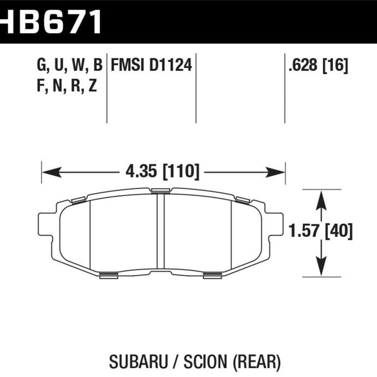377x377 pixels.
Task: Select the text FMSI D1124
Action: pyautogui.click(x=151, y=66)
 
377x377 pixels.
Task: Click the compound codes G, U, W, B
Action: pyautogui.click(x=69, y=66)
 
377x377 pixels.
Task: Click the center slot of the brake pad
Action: pyautogui.click(x=160, y=231)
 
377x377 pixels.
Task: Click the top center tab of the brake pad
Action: pyautogui.click(x=160, y=190)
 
